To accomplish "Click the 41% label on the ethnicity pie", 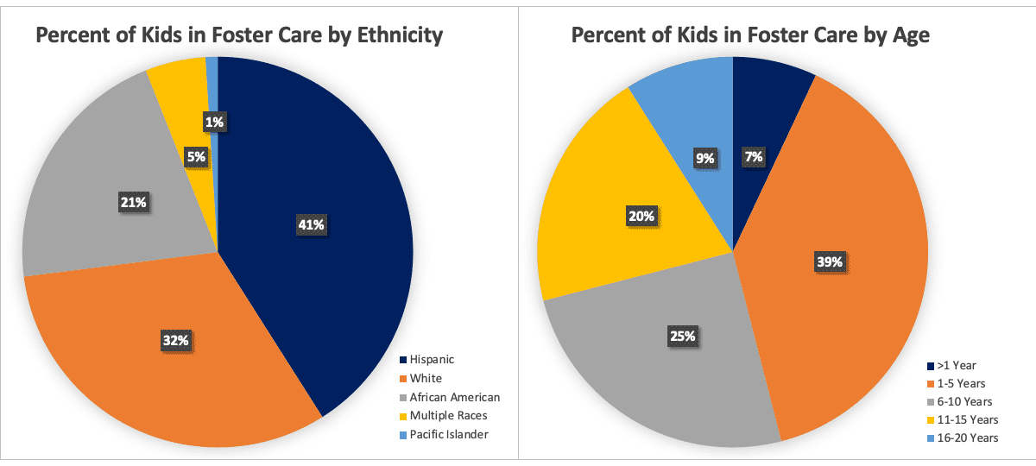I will point(312,224).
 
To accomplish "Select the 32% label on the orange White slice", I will point(176,341).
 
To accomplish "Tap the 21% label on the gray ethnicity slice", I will point(134,202).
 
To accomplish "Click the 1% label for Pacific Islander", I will point(215,123).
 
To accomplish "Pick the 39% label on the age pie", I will point(830,261).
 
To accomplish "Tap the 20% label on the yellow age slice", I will point(641,216).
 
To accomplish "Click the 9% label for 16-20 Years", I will point(704,158).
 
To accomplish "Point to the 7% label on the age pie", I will point(753,157).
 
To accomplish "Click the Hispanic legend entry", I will point(432,359).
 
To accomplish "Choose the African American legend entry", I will point(454,397).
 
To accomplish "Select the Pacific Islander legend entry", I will point(449,434).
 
